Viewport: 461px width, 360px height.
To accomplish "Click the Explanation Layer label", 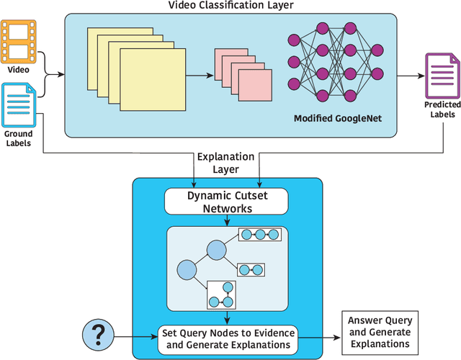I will pyautogui.click(x=225, y=163).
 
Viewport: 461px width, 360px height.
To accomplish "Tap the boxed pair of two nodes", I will pyautogui.click(x=251, y=270).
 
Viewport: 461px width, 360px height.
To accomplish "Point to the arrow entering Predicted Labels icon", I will pyautogui.click(x=411, y=76).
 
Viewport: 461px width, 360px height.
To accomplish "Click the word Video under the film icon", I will pyautogui.click(x=19, y=70).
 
